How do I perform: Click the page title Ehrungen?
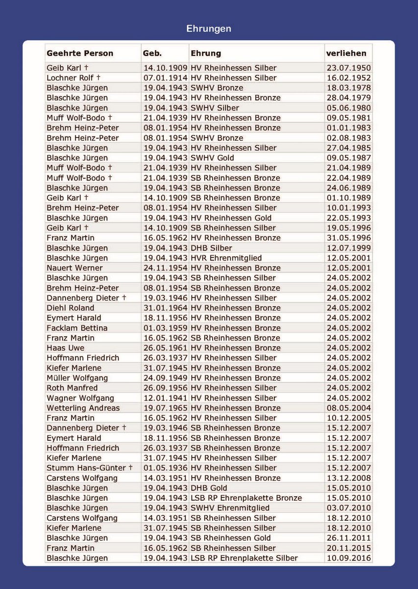click(209, 29)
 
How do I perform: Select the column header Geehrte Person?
click(80, 54)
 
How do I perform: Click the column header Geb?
click(152, 54)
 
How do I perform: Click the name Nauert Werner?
click(74, 268)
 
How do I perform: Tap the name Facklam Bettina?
click(77, 328)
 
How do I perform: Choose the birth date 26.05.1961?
click(165, 348)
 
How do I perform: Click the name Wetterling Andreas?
click(83, 408)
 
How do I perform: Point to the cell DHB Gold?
click(209, 488)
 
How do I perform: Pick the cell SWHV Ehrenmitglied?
click(230, 508)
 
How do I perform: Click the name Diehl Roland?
click(70, 308)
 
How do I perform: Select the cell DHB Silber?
click(211, 248)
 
